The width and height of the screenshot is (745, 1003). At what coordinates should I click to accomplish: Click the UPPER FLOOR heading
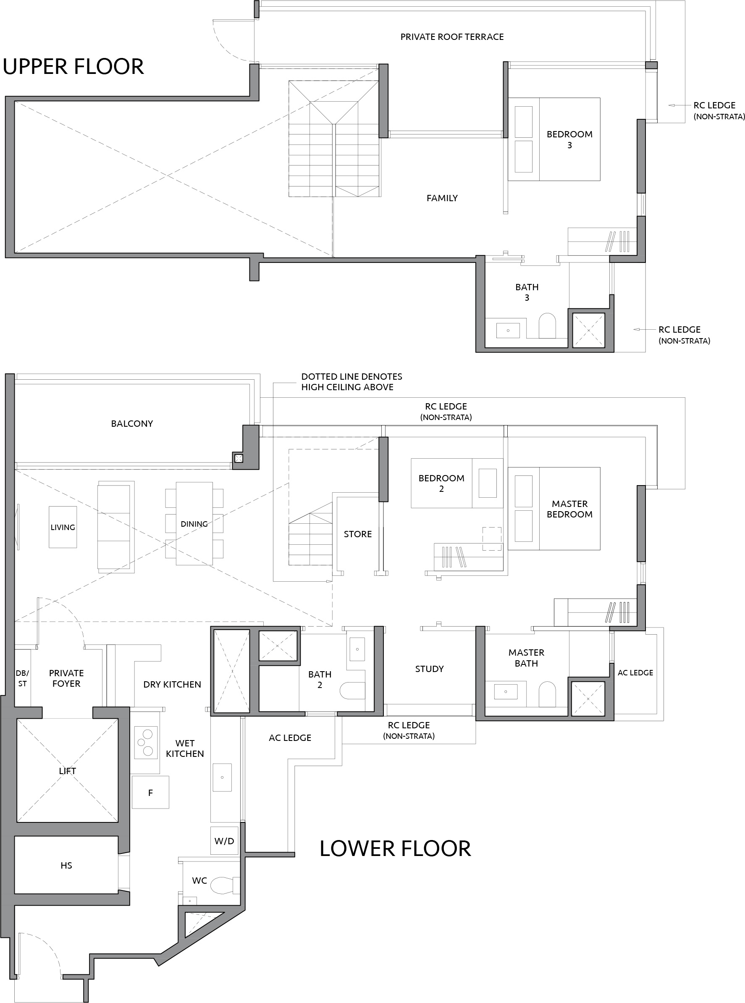point(73,66)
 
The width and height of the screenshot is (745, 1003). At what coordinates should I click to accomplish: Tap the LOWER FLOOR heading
point(395,848)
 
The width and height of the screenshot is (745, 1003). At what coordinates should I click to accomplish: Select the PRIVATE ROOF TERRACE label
point(452,37)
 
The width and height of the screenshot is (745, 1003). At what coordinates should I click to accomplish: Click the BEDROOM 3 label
point(569,139)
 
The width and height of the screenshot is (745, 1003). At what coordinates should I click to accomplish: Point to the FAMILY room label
point(442,198)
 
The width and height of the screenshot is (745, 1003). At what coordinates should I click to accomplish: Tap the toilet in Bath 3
point(548,325)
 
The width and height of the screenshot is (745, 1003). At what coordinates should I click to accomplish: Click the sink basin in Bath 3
point(508,330)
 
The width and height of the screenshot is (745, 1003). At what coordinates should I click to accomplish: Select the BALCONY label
point(132,423)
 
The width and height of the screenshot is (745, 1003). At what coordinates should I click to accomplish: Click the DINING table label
point(194,524)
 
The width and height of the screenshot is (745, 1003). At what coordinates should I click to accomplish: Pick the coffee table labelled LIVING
point(63,527)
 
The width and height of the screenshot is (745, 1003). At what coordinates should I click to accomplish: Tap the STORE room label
point(358,534)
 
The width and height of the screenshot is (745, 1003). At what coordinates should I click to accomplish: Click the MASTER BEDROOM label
point(569,509)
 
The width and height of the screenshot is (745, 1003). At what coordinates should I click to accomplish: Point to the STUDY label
point(429,669)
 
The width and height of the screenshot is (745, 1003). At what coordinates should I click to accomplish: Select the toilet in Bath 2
point(352,691)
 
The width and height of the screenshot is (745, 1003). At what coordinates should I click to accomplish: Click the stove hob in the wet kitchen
point(146,742)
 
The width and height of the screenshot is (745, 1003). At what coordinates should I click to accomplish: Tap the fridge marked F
point(150,793)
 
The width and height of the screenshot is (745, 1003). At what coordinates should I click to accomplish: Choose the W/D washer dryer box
point(224,840)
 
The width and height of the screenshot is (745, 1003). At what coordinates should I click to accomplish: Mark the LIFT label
point(67,771)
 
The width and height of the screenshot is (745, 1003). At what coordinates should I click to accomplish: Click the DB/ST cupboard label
point(22,678)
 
